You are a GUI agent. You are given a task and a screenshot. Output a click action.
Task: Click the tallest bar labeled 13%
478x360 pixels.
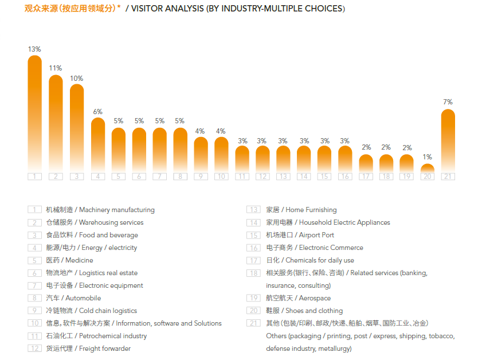[x=35, y=115]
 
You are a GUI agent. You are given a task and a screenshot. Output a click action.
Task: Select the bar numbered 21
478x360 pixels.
[x=448, y=140]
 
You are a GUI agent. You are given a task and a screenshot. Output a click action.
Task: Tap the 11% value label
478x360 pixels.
[x=56, y=68]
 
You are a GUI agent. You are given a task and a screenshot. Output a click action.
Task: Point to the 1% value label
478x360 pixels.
[x=427, y=157]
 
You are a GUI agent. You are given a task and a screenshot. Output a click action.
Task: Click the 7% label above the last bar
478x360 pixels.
[x=448, y=102]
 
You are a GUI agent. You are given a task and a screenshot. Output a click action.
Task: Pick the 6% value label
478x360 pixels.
[x=97, y=111]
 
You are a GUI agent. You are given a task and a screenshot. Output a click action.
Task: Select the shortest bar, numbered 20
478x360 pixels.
[x=427, y=168]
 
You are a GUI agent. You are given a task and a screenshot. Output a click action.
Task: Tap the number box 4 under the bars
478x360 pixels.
[x=97, y=177]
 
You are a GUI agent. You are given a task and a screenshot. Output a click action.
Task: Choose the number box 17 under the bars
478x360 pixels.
[x=366, y=177]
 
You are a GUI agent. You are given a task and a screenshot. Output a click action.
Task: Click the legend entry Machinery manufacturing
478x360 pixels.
[x=100, y=210]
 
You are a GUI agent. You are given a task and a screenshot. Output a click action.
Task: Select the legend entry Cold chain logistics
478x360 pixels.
[x=92, y=311]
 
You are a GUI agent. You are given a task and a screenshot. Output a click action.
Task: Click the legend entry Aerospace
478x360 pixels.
[x=298, y=298]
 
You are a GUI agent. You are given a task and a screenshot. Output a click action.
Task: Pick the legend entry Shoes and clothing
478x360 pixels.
[x=304, y=311]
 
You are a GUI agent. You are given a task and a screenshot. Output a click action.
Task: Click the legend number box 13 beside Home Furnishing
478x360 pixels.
[x=253, y=210]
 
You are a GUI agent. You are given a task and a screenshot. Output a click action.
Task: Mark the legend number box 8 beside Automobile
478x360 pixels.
[x=34, y=298]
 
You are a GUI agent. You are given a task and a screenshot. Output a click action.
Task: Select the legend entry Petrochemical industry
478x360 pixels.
[x=96, y=336]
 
